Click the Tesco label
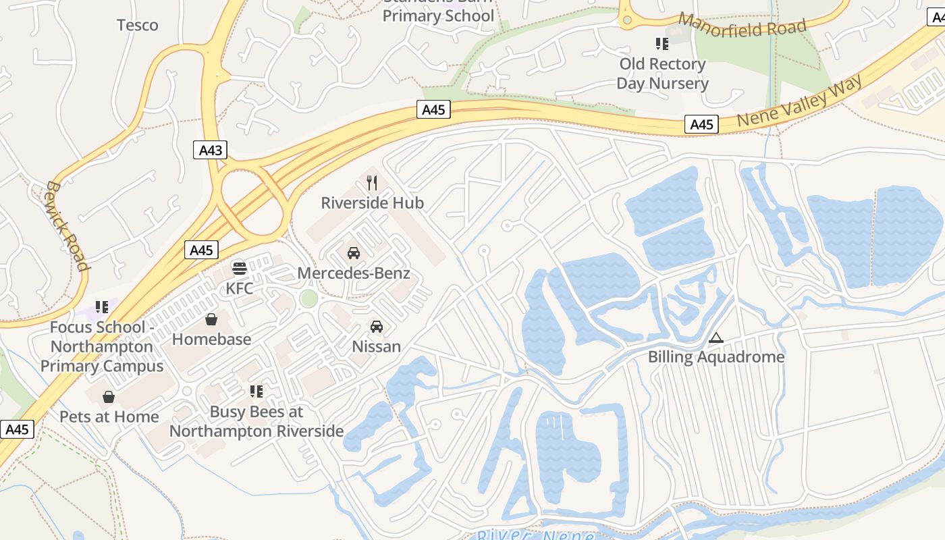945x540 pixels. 138,26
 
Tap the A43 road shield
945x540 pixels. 211,150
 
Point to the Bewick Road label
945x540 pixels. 67,225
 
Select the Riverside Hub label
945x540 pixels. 372,202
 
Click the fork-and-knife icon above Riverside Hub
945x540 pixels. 371,182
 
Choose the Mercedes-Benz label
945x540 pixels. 354,273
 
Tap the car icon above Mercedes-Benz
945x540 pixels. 353,253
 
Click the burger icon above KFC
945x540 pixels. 239,269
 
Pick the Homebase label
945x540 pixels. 211,339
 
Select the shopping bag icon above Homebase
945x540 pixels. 211,319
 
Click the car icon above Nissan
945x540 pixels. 377,327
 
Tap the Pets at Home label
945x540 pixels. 109,416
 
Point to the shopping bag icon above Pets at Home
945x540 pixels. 109,397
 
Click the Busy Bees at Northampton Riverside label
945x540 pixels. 256,421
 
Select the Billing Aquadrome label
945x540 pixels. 716,356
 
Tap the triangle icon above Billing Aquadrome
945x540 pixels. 716,337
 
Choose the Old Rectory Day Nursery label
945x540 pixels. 662,74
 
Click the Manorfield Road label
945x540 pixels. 742,26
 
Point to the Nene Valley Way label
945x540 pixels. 800,101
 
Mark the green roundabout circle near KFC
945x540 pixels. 308,298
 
